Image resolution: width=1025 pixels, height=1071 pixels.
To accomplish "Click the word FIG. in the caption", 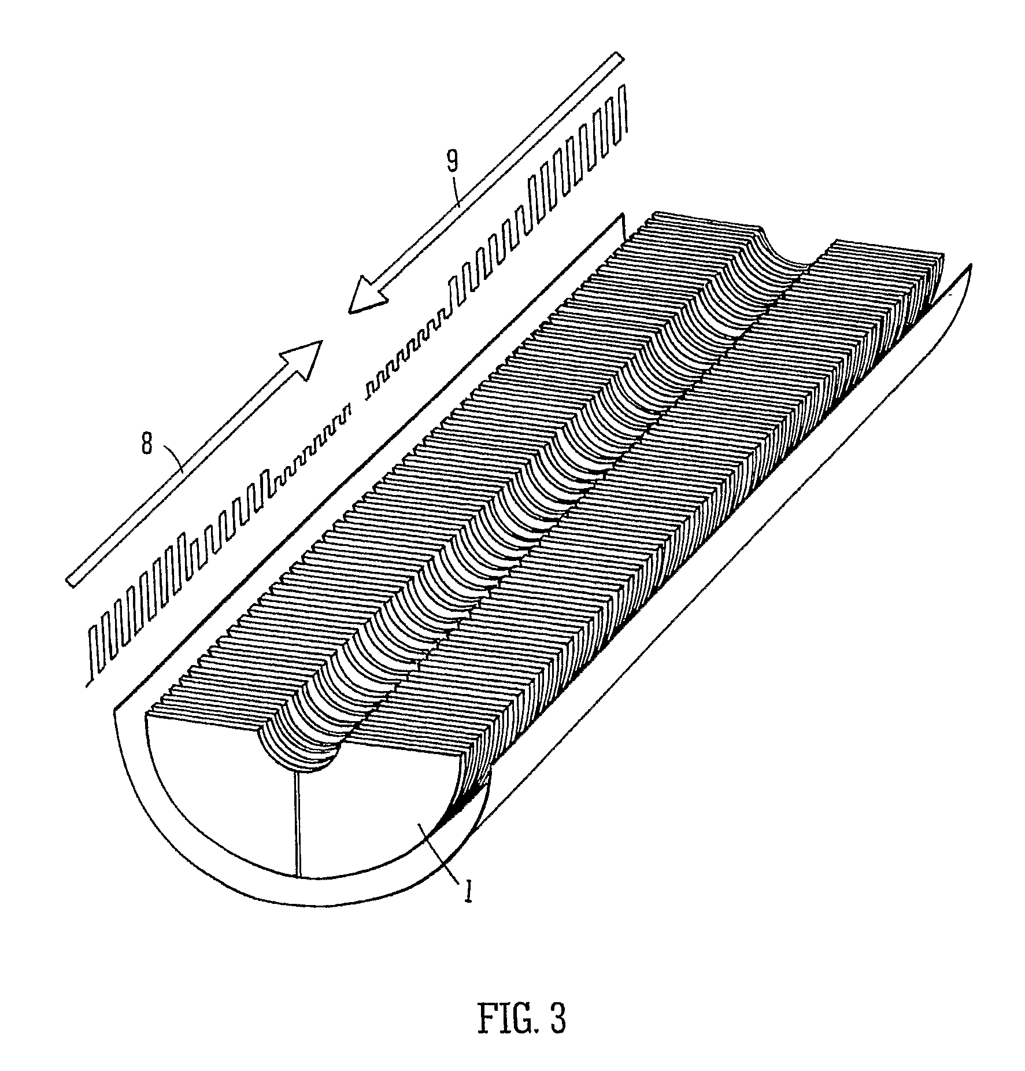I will click(x=501, y=1020).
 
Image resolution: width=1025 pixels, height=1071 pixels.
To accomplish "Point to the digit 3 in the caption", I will click(x=557, y=1020).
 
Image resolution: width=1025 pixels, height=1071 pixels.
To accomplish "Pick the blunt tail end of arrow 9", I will click(x=619, y=58).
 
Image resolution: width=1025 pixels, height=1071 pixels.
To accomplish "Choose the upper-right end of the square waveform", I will click(x=626, y=87).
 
